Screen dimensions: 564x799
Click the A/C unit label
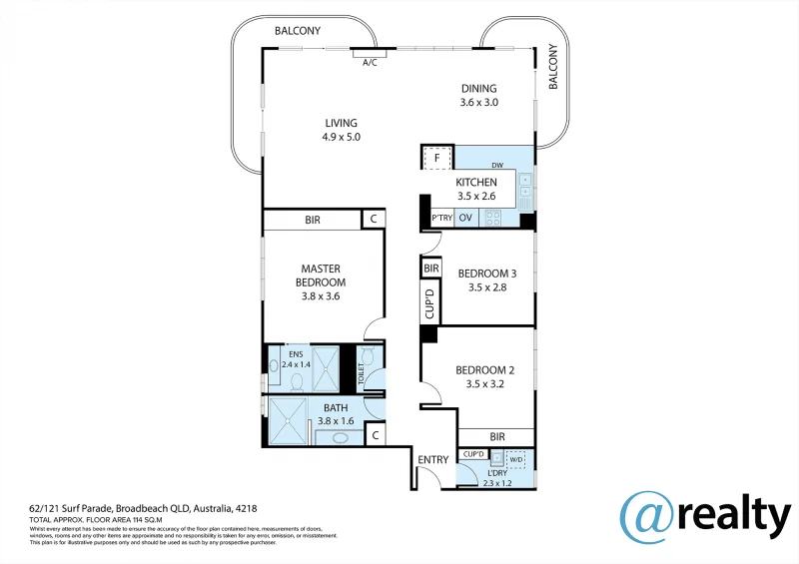[x=370, y=63]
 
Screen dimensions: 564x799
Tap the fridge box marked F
[x=435, y=158]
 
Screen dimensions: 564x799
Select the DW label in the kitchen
[x=496, y=166]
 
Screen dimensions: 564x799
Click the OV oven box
[x=465, y=218]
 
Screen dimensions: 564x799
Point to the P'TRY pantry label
[x=441, y=218]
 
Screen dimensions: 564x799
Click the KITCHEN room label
[x=476, y=183]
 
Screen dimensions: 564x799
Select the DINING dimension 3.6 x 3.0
[x=478, y=103]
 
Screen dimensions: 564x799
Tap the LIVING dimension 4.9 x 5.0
[x=341, y=138]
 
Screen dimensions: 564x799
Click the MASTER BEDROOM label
[x=321, y=276]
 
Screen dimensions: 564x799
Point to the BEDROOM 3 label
[x=486, y=274]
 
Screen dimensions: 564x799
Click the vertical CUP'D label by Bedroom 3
[x=430, y=304]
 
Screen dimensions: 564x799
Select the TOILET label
[x=362, y=374]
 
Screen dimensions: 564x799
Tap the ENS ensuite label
[x=296, y=353]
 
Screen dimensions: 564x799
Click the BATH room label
[x=336, y=407]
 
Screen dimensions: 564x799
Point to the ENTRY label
[x=433, y=460]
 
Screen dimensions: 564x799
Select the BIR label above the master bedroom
[x=312, y=220]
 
